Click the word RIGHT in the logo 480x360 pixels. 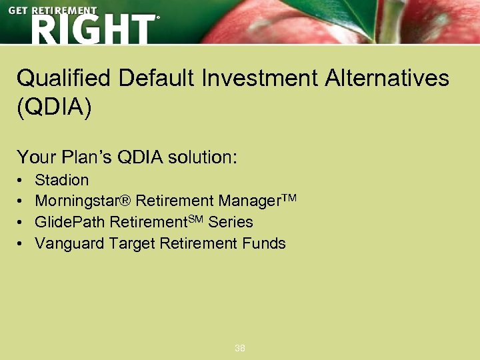(92, 29)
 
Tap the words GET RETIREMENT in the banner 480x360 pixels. (53, 11)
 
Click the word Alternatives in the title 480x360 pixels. (387, 79)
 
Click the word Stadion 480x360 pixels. (61, 180)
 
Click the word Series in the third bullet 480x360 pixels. (232, 222)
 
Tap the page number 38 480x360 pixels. (240, 348)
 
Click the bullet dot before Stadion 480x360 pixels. (21, 181)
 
